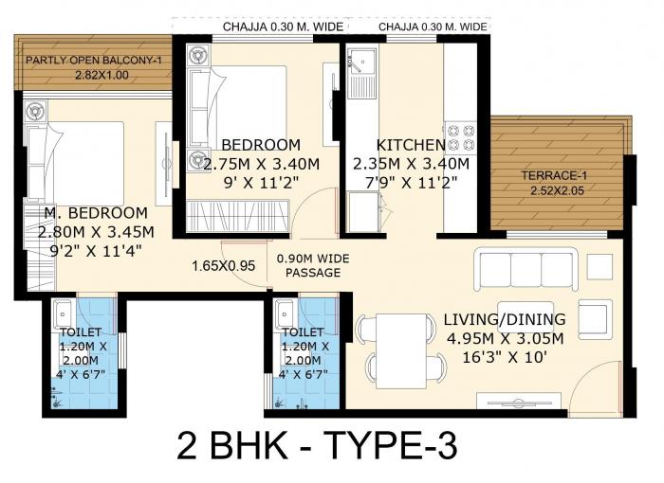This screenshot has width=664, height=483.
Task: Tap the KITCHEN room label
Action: (411, 145)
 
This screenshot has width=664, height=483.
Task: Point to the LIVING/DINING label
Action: (504, 319)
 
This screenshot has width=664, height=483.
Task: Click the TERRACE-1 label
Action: (554, 175)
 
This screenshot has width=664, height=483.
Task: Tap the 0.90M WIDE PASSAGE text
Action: (309, 265)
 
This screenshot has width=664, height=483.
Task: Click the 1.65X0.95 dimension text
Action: (224, 266)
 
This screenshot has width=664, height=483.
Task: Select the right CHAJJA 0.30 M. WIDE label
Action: (433, 27)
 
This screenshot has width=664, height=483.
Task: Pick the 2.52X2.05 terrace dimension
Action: (558, 191)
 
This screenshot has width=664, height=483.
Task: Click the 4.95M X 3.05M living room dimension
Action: (504, 339)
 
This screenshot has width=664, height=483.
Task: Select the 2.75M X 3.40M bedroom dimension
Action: (260, 163)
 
